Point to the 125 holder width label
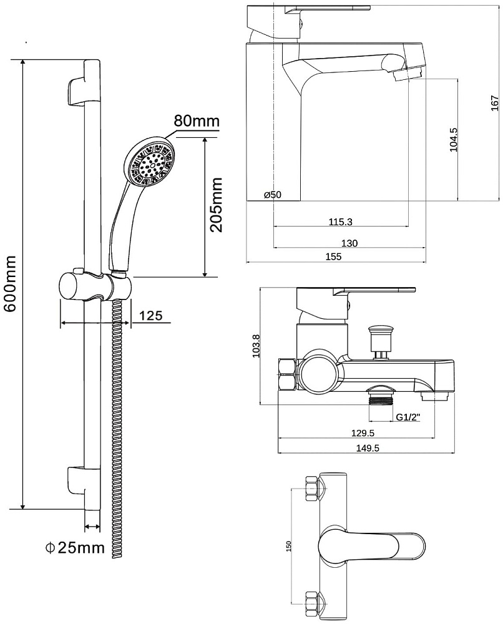[150, 316]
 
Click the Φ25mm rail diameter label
[74, 548]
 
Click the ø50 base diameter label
[273, 195]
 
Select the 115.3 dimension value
[340, 222]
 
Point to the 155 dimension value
[334, 256]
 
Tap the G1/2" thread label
[408, 417]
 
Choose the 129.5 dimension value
[363, 433]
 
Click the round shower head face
[150, 161]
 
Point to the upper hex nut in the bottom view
[313, 489]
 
